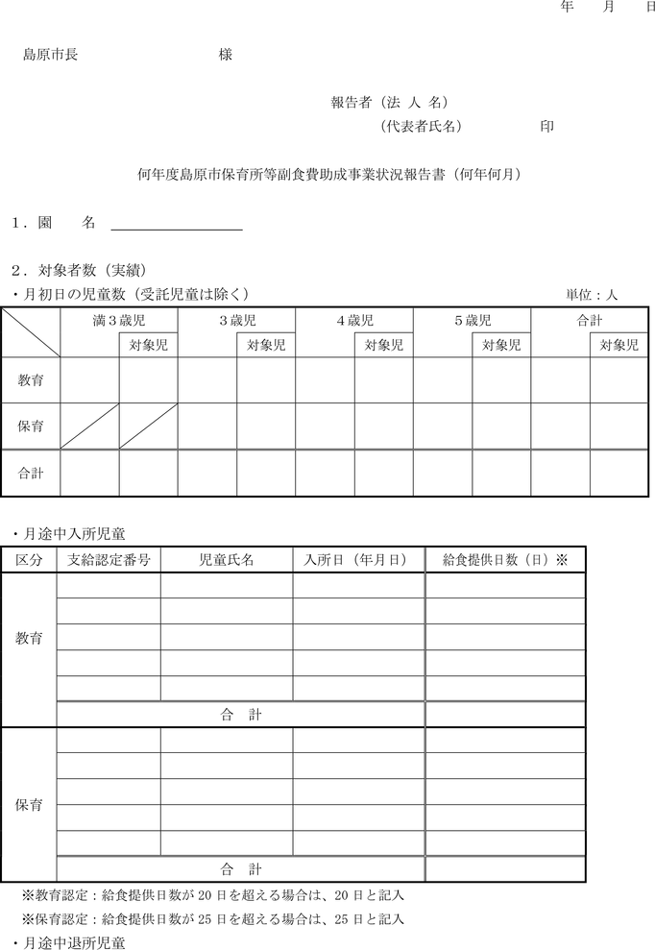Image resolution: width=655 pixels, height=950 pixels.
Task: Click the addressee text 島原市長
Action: point(51,56)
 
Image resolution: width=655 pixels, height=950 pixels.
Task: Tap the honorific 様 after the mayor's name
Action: point(226,56)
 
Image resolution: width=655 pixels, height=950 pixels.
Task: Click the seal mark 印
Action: point(546,126)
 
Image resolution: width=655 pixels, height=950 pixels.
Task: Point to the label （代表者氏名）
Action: point(421,126)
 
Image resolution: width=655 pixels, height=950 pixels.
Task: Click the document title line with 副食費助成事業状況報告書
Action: point(329,175)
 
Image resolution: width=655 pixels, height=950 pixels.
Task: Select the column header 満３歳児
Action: point(119,321)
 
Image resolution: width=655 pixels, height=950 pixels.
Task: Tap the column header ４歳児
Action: point(354,321)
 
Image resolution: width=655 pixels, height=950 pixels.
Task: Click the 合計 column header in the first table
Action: point(589,321)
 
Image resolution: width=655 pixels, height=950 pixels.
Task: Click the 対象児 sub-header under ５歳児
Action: point(501,345)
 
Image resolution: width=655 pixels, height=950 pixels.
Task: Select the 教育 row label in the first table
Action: point(31,380)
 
